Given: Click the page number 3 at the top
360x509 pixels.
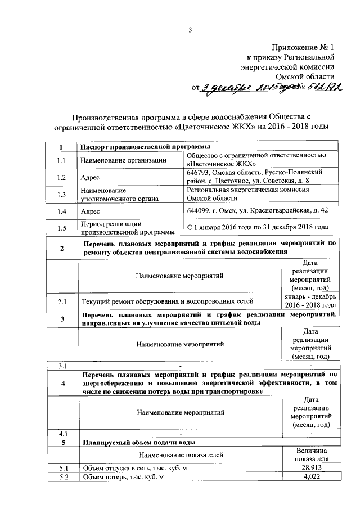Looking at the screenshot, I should [191, 30].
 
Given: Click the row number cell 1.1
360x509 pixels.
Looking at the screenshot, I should [61, 161].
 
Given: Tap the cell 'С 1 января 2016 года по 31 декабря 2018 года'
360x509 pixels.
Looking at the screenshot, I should [257, 227].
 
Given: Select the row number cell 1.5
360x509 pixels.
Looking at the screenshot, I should [61, 228].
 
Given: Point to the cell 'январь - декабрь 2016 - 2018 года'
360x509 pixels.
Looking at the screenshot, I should [310, 300].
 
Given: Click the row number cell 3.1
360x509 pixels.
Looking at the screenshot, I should [61, 367].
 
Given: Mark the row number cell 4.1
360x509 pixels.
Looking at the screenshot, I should [61, 433].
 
